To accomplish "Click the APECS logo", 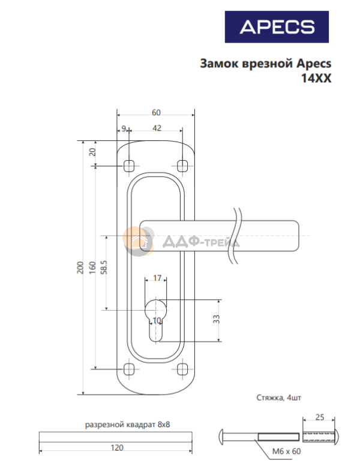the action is click(277, 27).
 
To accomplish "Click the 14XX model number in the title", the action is click(316, 78).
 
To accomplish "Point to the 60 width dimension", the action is click(156, 113).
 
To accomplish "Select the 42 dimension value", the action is click(157, 128).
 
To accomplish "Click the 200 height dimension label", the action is click(80, 267).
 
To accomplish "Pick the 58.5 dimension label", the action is click(104, 267).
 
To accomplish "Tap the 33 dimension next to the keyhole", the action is click(217, 320).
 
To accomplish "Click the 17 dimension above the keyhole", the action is click(157, 278).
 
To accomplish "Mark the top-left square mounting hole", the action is click(129, 166).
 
